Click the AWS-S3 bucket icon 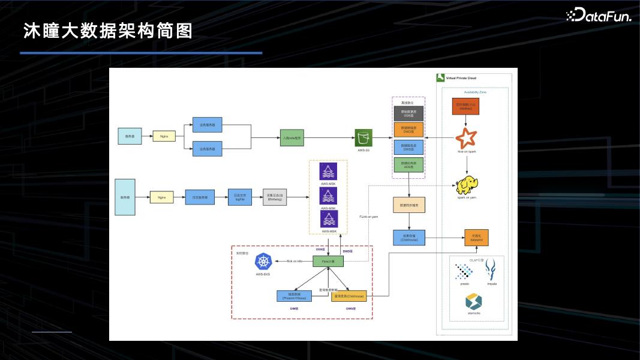363,137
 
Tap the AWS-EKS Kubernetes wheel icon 264,262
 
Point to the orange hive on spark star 466,139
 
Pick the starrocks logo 474,301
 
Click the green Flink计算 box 328,262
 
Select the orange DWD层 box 408,129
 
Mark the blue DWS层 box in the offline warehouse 408,146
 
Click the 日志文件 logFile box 239,197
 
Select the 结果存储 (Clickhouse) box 409,237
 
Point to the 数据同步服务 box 409,205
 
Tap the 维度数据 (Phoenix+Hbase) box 294,296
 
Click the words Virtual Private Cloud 461,78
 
